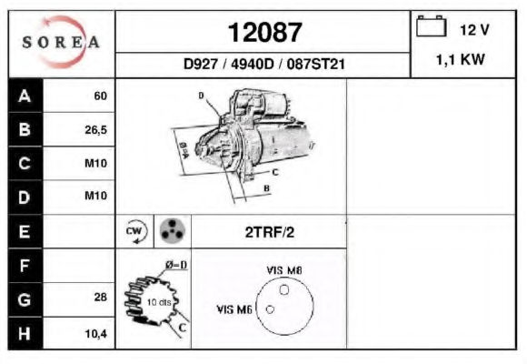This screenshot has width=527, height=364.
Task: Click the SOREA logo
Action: pos(61,42)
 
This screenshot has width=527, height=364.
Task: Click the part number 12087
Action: pos(265,33)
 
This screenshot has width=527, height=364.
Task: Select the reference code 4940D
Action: pos(253,64)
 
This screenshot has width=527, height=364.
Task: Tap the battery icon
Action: pos(432,26)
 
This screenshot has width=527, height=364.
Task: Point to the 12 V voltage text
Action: pos(474,30)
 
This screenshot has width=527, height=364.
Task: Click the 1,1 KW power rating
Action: pos(461,60)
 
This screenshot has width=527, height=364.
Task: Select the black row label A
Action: pos(25,96)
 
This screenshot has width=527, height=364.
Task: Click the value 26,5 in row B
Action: pos(95,130)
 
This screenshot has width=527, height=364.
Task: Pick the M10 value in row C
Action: pos(95,164)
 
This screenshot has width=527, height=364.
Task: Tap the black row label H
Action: pos(25,334)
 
